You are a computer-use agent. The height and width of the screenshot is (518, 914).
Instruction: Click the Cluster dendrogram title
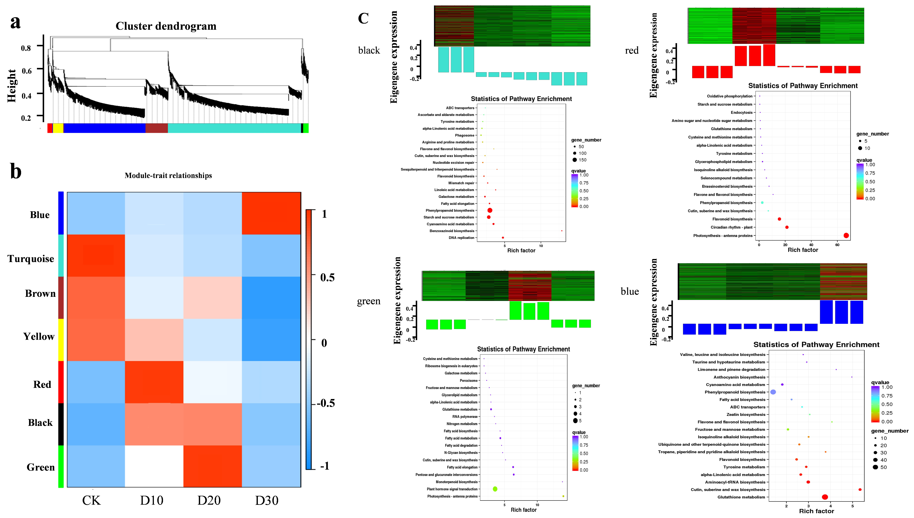(x=166, y=26)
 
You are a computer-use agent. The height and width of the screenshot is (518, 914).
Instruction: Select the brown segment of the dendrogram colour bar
(x=156, y=128)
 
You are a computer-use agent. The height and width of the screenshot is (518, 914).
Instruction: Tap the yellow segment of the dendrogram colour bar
(x=58, y=128)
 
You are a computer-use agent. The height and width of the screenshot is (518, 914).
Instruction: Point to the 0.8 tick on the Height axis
(x=26, y=48)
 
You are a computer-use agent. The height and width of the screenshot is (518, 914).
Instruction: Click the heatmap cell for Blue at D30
(x=271, y=213)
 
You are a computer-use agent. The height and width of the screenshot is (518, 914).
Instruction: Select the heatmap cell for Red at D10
(x=154, y=382)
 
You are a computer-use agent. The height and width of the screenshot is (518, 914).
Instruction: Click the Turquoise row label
(x=31, y=259)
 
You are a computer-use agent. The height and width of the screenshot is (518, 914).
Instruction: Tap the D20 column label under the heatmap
(x=209, y=501)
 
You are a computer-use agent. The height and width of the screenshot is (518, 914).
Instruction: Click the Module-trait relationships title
(x=168, y=175)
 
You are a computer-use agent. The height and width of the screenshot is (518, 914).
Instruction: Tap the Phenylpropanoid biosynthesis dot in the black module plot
(x=490, y=210)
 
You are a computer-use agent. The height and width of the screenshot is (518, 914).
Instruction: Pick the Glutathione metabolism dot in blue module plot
(x=825, y=497)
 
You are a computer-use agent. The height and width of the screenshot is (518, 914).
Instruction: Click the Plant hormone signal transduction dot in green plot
(x=495, y=489)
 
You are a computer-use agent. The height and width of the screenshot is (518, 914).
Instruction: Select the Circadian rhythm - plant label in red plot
(x=731, y=227)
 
